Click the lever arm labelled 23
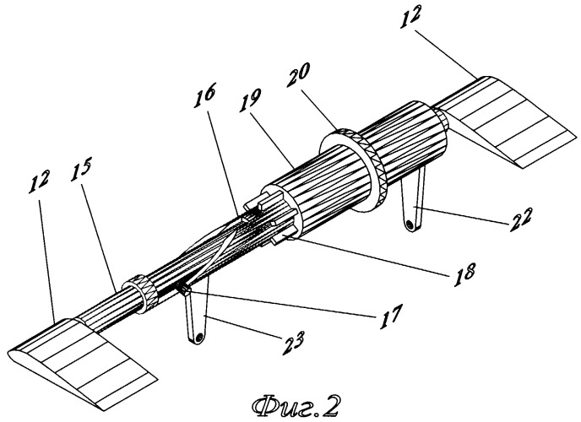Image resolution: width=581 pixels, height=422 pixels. click(x=195, y=316)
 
